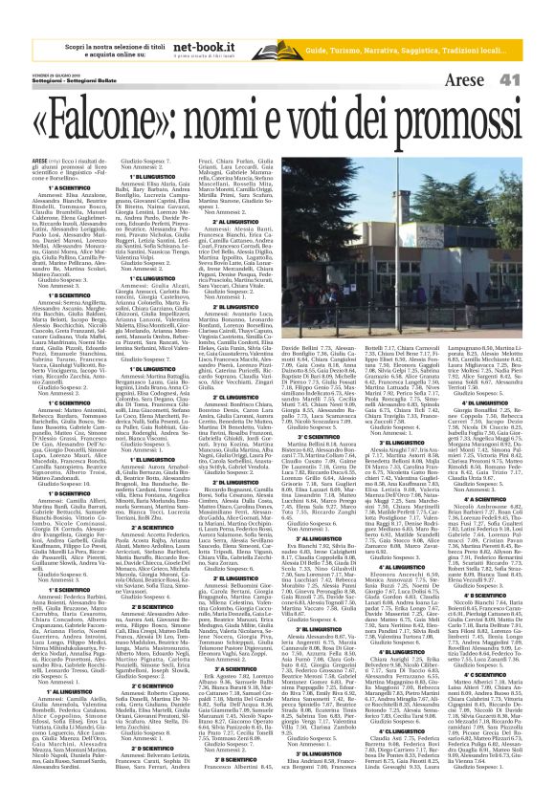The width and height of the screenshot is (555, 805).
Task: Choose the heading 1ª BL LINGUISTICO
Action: pyautogui.click(x=153, y=178)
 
